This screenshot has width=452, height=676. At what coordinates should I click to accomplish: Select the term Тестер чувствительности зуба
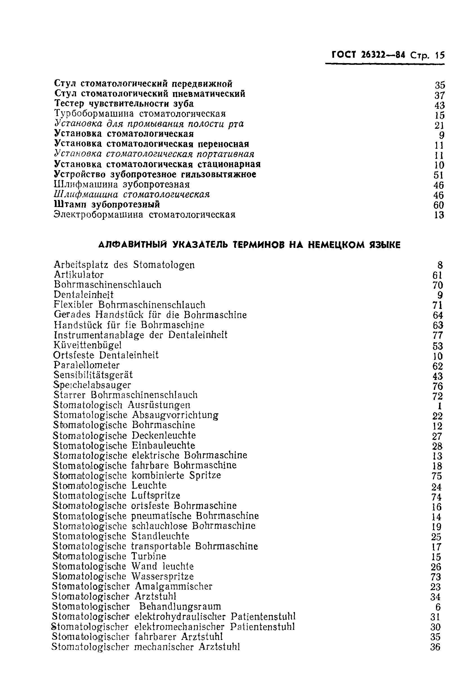pos(124,104)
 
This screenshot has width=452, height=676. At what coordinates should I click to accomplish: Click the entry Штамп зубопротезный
pos(107,204)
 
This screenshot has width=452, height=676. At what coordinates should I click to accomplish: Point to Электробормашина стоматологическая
pos(145,215)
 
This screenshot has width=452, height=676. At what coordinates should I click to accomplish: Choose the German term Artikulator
pos(79,275)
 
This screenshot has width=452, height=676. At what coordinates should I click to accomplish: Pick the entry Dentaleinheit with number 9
pos(84,295)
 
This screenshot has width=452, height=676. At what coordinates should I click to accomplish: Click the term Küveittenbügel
pos(88,345)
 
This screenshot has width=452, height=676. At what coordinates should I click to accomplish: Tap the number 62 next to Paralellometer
pos(438,366)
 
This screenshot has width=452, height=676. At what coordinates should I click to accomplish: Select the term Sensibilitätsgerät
pos(93,375)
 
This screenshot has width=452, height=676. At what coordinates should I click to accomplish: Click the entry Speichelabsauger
pos(92,385)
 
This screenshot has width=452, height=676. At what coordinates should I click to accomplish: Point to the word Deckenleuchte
pos(164,435)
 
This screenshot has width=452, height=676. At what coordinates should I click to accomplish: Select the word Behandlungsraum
pos(180,606)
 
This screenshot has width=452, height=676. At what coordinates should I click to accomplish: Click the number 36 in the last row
pos(436,647)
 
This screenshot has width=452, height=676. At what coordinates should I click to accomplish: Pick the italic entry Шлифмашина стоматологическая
pos(132,194)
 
